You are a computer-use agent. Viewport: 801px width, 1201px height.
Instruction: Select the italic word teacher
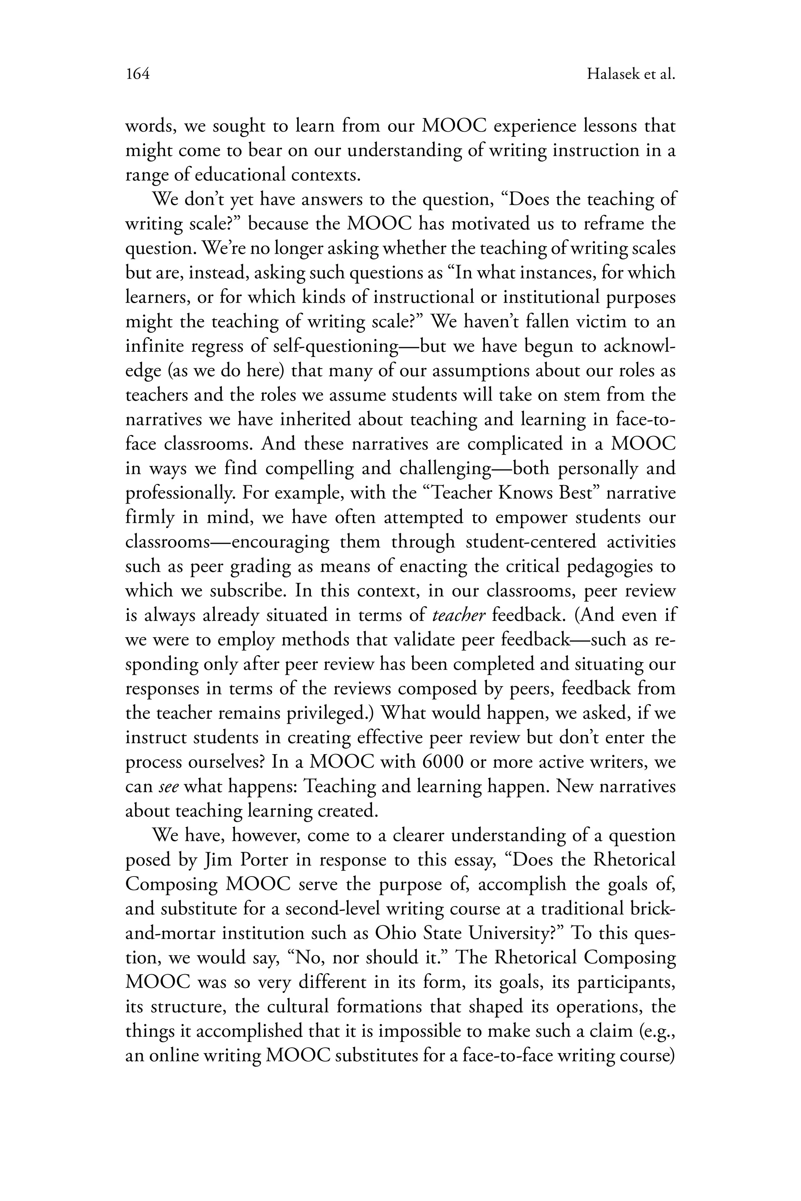coord(458,615)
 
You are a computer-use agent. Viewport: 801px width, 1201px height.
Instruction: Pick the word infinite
coord(154,346)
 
